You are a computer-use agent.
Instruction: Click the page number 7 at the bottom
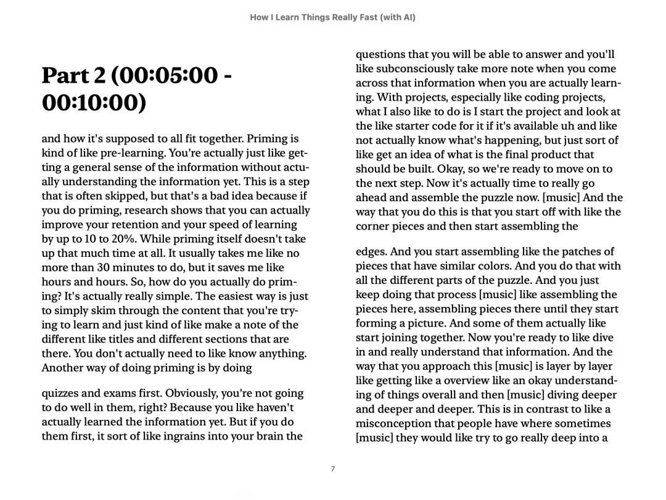click(333, 469)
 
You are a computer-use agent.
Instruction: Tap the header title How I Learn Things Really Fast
click(332, 18)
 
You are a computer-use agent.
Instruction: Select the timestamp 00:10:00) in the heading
click(94, 104)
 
